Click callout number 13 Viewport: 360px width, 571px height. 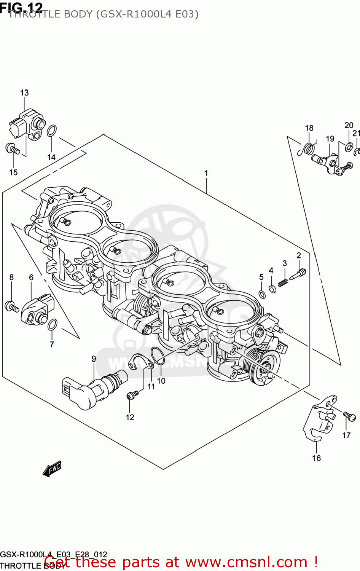tap(24, 93)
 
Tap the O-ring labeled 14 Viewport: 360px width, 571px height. tap(52, 131)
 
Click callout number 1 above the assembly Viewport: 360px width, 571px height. tap(206, 173)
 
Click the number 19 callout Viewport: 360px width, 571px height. tap(330, 139)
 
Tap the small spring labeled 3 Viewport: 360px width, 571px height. tap(283, 283)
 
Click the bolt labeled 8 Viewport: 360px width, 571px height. tap(11, 306)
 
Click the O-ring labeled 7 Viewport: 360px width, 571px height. tap(53, 325)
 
